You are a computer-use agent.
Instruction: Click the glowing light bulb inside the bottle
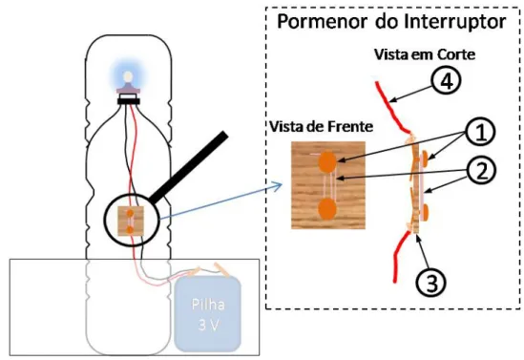[x=128, y=77]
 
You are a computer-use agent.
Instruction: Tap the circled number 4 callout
[x=446, y=81]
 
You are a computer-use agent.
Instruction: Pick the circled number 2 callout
[x=481, y=171]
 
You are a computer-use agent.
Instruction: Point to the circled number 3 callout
[x=431, y=284]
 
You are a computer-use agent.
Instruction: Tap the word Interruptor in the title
[x=455, y=21]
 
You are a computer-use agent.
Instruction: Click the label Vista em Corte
[x=425, y=54]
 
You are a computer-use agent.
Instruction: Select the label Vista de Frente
[x=321, y=127]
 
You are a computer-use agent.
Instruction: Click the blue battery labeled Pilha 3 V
[x=207, y=314]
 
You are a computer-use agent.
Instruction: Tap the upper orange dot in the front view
[x=327, y=161]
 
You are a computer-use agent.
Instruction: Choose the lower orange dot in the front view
[x=327, y=209]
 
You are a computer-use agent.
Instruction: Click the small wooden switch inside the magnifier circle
[x=131, y=221]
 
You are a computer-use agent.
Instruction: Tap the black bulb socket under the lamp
[x=128, y=101]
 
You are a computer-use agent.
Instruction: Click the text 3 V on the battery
[x=207, y=325]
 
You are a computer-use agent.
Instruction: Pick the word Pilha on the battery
[x=208, y=305]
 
